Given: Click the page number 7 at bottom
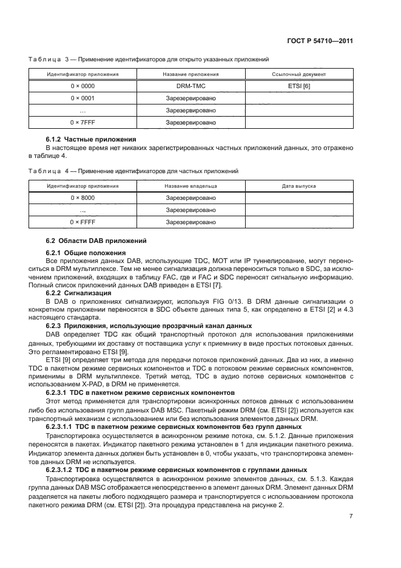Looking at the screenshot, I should coord(351,516).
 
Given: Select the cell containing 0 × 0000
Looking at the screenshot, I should coord(83,86).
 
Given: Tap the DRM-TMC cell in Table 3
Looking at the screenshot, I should coord(190,86).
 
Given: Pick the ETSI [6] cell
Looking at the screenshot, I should coord(299,86).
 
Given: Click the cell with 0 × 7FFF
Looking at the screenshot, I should coord(83,123).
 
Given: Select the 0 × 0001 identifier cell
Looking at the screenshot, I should coord(83,98).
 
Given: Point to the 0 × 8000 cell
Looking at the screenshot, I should coord(83,198).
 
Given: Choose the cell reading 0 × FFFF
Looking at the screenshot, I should coord(83,222).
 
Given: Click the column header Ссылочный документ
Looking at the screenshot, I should coord(299,74).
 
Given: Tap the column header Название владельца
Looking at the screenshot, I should coord(190,186).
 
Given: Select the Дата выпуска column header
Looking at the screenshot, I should coord(299,186).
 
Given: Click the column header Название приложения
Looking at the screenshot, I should coord(190,74).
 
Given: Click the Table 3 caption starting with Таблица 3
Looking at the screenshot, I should coord(149,59).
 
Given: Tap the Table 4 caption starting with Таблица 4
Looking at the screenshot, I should coord(133,171).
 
